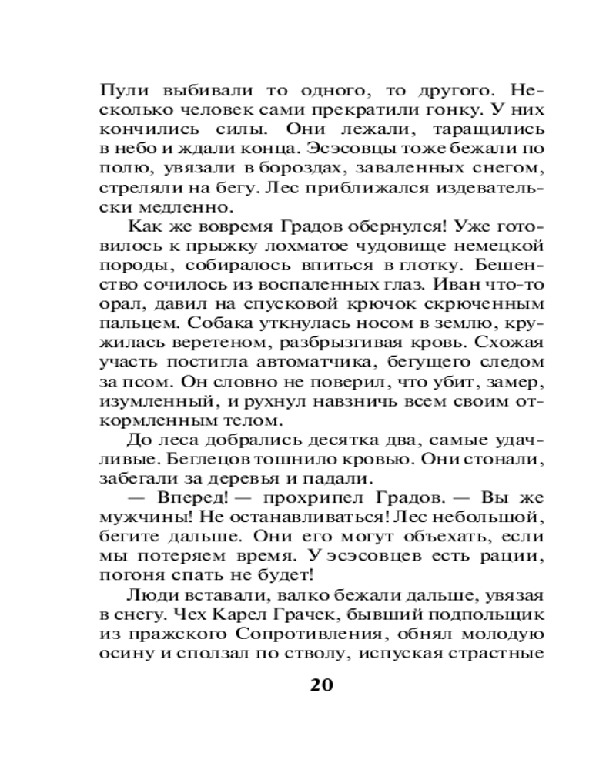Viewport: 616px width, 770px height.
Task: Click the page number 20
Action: click(x=320, y=685)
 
